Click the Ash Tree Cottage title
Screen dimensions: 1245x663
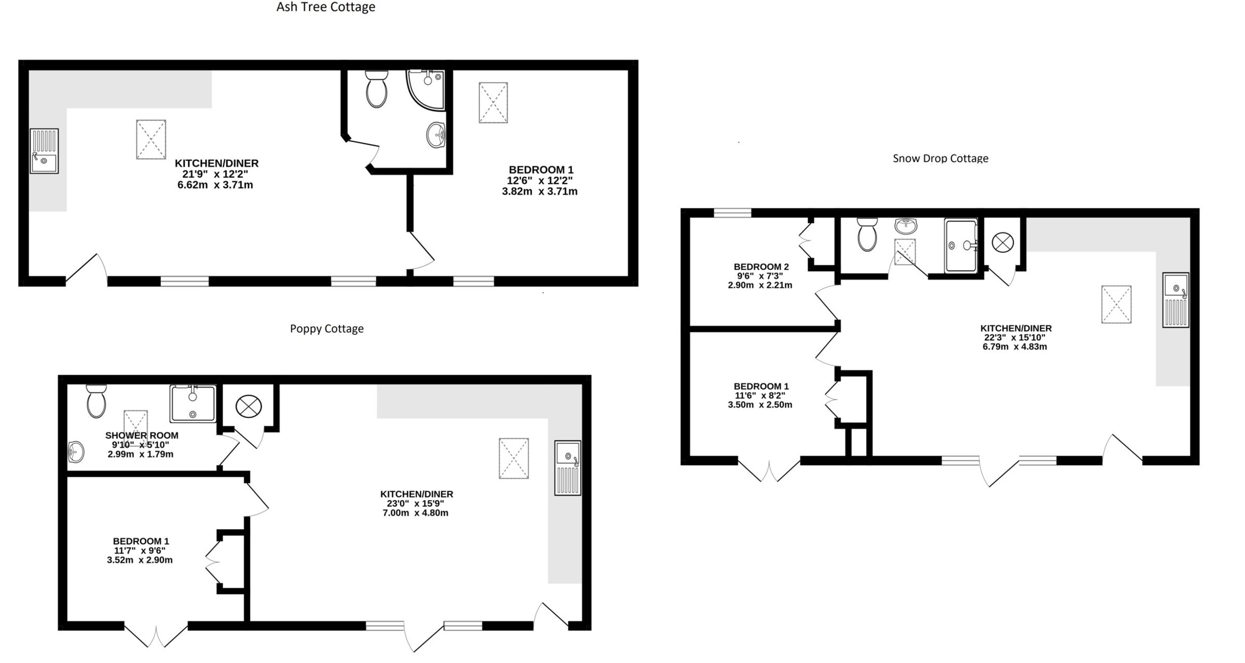(326, 7)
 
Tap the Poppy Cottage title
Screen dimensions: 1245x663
(327, 329)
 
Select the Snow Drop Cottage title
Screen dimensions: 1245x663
(940, 158)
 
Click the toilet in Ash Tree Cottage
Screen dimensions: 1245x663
(377, 89)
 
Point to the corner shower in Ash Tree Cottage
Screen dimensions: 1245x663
(426, 90)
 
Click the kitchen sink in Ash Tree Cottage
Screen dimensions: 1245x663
(44, 151)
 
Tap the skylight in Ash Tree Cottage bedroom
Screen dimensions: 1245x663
(493, 102)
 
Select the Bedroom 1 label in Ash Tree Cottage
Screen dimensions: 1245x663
(541, 170)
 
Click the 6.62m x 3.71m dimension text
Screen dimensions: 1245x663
(215, 185)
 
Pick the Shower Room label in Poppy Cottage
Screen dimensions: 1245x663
(142, 436)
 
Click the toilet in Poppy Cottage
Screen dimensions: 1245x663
(96, 401)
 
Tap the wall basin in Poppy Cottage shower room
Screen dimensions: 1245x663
(76, 451)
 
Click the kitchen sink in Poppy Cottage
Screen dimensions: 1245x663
(568, 468)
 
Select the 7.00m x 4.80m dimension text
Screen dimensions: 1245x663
(416, 513)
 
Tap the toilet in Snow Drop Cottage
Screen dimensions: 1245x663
(867, 234)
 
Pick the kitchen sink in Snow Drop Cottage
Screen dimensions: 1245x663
(1175, 300)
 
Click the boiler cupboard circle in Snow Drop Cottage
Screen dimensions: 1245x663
(1003, 243)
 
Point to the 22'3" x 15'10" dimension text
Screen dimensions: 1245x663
(1015, 338)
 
